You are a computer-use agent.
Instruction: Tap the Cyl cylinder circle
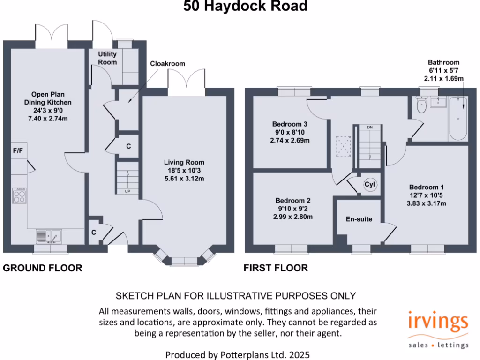click(370, 185)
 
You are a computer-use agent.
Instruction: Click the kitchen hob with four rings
click(20, 195)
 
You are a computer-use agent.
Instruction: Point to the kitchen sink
click(49, 236)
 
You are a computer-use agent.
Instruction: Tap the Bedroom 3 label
click(290, 124)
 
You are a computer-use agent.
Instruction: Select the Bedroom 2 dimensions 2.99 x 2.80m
click(293, 217)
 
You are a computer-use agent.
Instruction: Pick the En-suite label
click(359, 219)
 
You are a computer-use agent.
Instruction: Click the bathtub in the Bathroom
click(458, 119)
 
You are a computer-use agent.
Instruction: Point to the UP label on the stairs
click(127, 191)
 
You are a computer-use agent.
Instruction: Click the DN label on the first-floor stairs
click(370, 127)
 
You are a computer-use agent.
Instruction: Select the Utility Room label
click(107, 58)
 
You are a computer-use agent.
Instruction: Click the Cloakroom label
click(167, 64)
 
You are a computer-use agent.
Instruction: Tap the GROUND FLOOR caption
click(43, 268)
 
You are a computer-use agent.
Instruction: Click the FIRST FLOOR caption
click(276, 268)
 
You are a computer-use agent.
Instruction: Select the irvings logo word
click(437, 323)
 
